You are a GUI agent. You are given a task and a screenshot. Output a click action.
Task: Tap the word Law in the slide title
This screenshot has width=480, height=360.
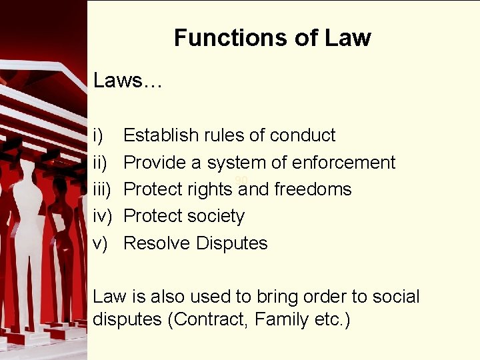tap(347, 38)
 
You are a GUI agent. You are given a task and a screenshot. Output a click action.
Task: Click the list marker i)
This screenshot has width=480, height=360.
tap(99, 135)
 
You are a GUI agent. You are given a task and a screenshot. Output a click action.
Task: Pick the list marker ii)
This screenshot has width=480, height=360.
tap(100, 162)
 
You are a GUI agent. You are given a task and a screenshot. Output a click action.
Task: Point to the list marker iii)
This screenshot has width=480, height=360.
tap(102, 189)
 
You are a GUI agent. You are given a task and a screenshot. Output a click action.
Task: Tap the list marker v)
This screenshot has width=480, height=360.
tap(101, 243)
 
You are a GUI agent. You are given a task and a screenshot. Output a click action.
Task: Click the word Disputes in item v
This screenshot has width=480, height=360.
tap(232, 243)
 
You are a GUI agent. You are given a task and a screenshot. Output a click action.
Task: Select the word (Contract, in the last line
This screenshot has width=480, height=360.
tap(209, 319)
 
